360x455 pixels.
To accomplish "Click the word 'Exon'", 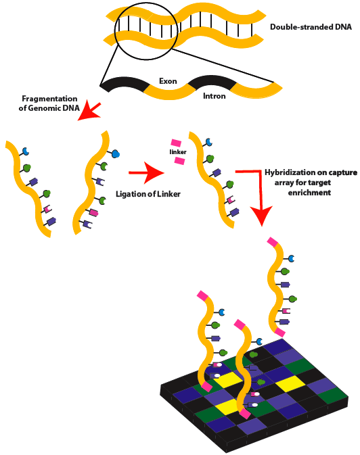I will pos(168,81).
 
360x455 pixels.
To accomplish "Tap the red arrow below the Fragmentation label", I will pos(88,112).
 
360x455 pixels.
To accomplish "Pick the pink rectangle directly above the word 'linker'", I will pos(176,143).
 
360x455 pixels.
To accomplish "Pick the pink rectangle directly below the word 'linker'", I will pos(179,162).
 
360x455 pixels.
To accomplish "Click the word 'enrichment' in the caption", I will pos(309,193).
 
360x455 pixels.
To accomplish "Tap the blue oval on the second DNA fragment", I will pos(114,153).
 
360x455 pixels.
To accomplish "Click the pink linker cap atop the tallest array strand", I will pos(273,241).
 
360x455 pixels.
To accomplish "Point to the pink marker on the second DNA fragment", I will pos(93,212).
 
